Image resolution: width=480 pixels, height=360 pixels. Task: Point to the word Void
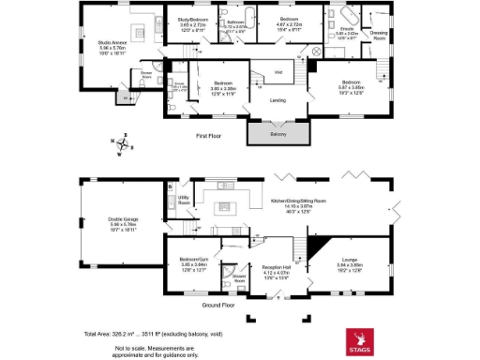tap(278, 71)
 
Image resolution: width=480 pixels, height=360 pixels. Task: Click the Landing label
tap(277, 100)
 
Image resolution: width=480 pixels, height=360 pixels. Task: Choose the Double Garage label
tap(124, 222)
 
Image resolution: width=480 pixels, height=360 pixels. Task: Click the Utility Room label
tap(184, 201)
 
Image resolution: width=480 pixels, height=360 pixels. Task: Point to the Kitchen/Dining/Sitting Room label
tap(298, 201)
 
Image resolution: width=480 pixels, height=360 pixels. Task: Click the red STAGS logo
tap(358, 340)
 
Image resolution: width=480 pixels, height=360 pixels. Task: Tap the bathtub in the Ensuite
tap(349, 17)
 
